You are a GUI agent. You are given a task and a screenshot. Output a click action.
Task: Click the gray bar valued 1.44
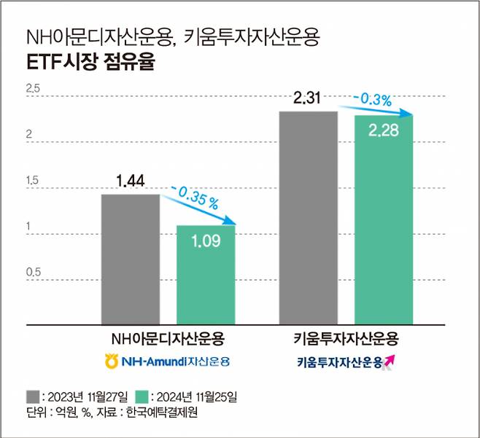(x=131, y=259)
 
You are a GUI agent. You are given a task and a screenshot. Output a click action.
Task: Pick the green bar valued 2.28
(x=384, y=219)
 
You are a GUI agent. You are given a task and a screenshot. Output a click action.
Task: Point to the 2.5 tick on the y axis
(x=33, y=89)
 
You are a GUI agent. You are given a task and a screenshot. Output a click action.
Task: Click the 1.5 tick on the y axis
(x=33, y=181)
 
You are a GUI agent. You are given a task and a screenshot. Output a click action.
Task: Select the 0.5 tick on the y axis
(x=33, y=273)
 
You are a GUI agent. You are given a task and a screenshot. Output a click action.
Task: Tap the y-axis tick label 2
(x=29, y=135)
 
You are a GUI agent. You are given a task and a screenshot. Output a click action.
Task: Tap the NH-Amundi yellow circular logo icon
(x=111, y=360)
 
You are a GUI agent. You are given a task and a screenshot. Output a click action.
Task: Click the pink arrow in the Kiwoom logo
(x=389, y=360)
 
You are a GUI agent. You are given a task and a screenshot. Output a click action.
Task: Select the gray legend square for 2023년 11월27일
(x=33, y=397)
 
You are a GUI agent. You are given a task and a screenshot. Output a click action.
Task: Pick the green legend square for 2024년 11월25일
(x=142, y=397)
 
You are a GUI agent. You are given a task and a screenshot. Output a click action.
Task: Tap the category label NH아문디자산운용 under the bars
(x=167, y=339)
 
